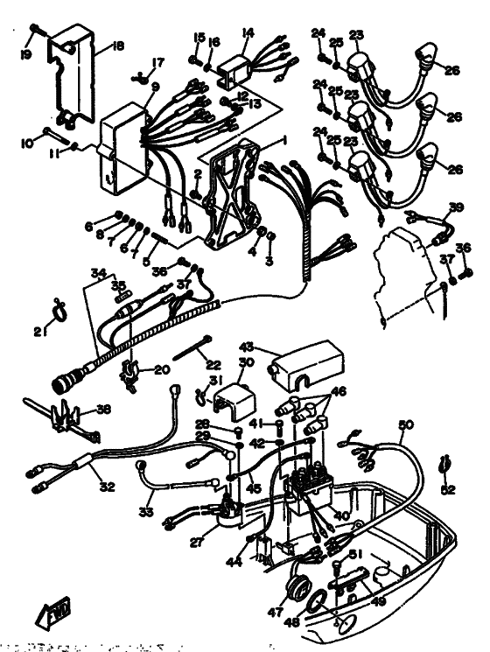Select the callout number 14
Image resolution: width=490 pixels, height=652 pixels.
[x=248, y=32]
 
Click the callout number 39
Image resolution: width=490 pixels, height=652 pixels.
[x=455, y=207]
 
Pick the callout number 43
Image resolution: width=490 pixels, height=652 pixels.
[x=246, y=347]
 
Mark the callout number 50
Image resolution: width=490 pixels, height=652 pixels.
[x=405, y=425]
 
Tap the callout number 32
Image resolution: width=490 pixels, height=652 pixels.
[x=108, y=487]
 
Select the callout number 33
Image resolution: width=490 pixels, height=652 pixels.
[x=145, y=509]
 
